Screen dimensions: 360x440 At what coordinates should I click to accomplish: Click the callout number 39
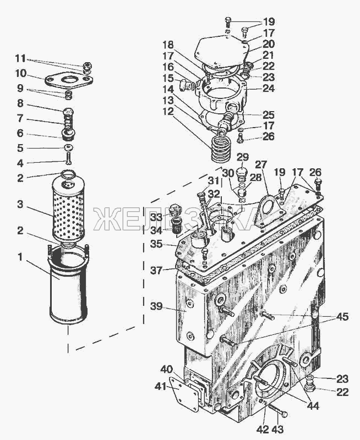click(156, 306)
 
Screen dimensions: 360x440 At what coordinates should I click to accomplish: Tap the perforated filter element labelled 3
click(68, 207)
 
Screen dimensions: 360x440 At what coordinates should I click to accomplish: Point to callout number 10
click(20, 74)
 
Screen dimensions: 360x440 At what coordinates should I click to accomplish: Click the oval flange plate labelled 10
click(68, 80)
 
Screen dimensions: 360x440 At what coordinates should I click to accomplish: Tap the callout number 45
click(342, 317)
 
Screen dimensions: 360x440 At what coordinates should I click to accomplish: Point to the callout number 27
click(261, 164)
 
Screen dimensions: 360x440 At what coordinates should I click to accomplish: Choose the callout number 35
click(156, 244)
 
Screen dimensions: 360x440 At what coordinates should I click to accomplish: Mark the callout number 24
click(269, 89)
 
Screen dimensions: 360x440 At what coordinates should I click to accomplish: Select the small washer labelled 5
click(68, 147)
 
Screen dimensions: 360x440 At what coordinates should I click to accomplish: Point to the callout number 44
click(312, 405)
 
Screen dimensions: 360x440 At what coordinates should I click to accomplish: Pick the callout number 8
click(20, 103)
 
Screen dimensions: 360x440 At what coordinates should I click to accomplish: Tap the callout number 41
click(161, 387)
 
